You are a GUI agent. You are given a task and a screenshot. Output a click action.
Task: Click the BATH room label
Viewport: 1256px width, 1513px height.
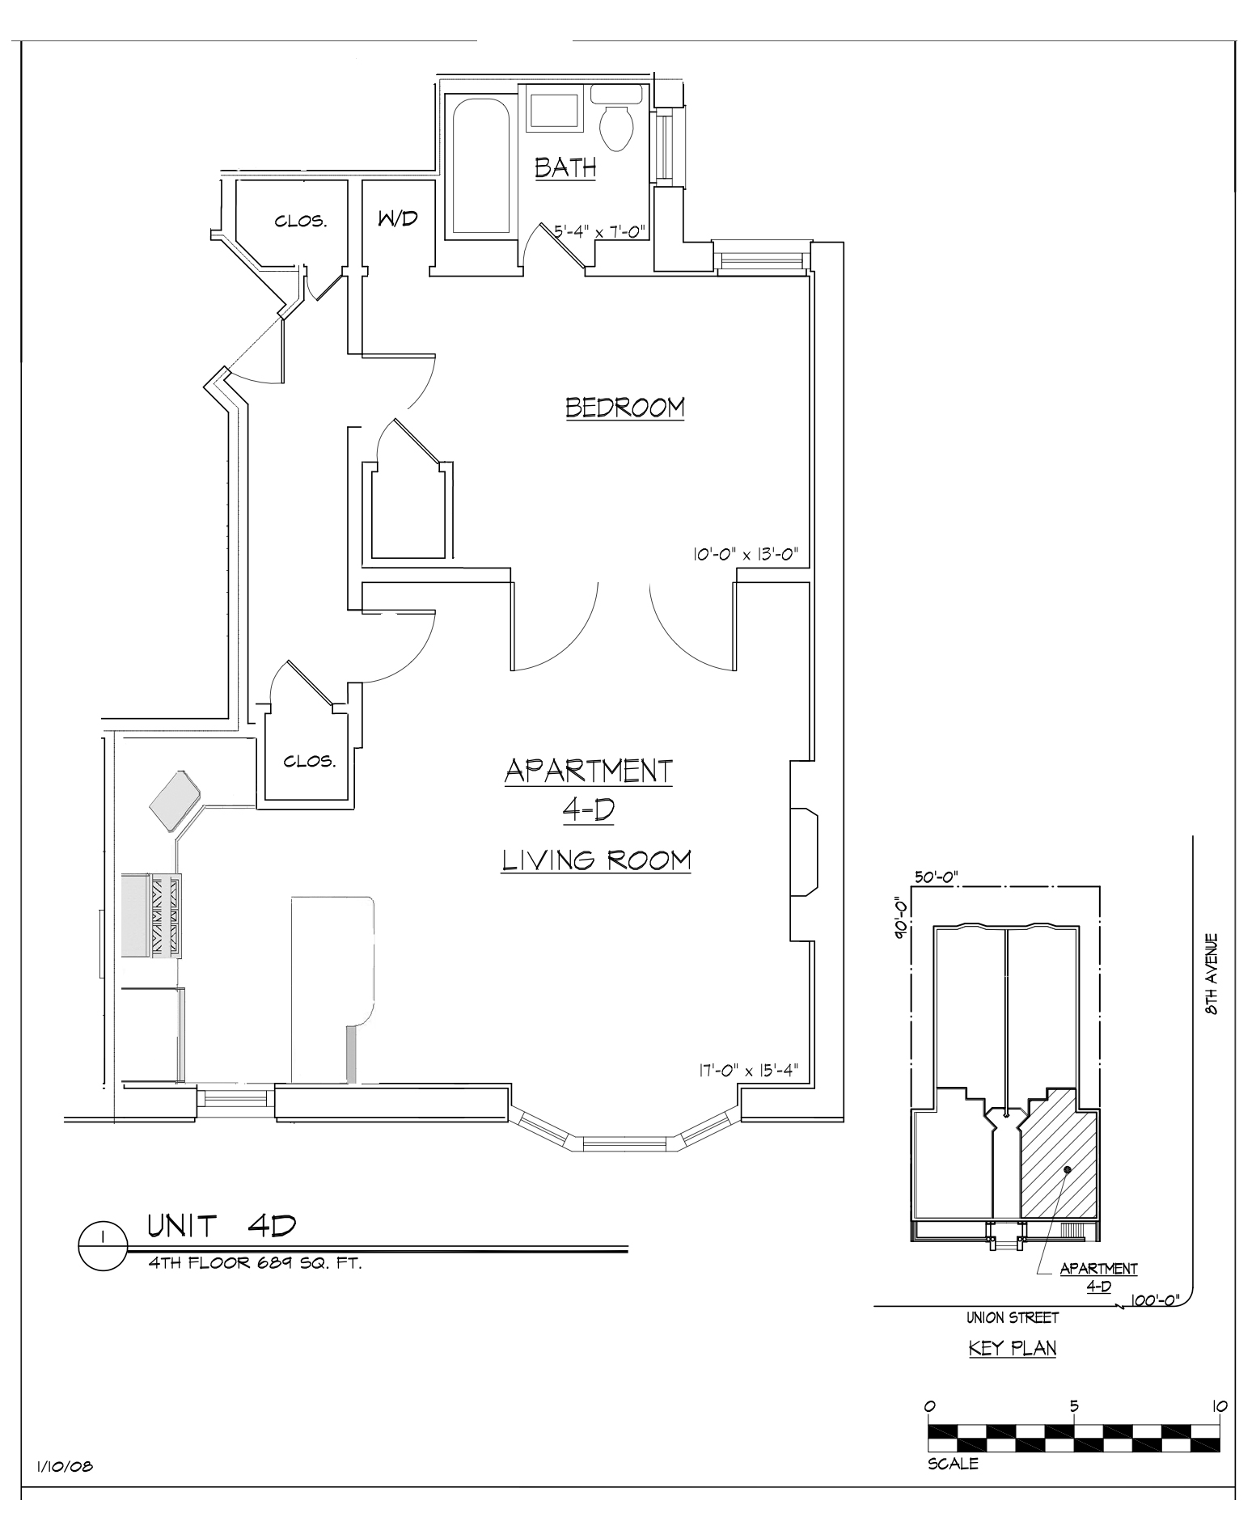tap(565, 167)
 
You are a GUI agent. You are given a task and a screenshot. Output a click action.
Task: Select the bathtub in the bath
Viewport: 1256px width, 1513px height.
tap(480, 167)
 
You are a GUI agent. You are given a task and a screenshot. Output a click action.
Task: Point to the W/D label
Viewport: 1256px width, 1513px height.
tap(397, 218)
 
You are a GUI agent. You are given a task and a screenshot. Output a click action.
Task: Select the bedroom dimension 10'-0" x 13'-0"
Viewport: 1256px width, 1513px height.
tap(745, 555)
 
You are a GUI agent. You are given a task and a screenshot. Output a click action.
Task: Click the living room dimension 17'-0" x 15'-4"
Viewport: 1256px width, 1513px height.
tap(748, 1070)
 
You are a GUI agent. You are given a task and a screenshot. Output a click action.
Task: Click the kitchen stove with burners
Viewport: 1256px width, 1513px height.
tap(152, 915)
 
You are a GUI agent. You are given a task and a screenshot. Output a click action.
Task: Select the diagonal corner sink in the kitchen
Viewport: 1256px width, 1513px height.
tap(175, 801)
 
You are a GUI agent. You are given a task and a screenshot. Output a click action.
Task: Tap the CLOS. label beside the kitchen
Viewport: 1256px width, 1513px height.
tap(309, 761)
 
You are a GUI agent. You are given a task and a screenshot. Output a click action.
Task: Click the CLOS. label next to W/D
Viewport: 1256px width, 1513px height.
tap(301, 222)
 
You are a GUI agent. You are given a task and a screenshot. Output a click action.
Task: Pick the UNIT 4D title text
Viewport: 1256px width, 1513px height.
tap(221, 1226)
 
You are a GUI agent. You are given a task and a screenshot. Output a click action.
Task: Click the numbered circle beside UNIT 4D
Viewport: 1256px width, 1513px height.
tap(104, 1246)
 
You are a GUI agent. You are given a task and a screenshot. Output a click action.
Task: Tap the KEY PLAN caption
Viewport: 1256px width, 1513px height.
tap(1013, 1348)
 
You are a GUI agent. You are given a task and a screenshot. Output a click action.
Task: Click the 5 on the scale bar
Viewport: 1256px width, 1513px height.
tap(1074, 1406)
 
